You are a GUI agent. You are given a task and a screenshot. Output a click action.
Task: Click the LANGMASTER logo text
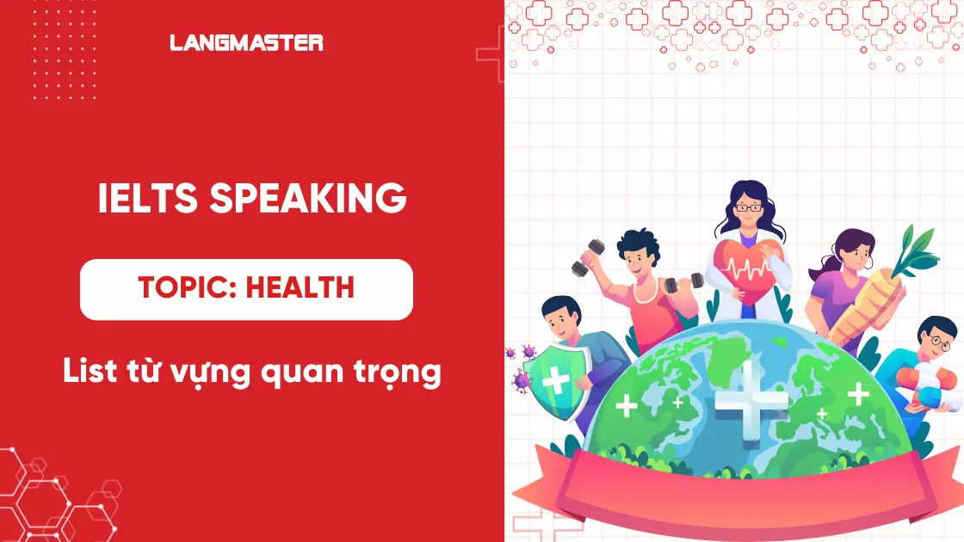pyautogui.click(x=246, y=42)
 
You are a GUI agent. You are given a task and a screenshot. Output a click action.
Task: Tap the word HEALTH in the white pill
pyautogui.click(x=300, y=288)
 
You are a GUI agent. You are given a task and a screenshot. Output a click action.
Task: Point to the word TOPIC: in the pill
pyautogui.click(x=188, y=288)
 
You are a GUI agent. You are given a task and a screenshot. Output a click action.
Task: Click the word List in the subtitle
pyautogui.click(x=89, y=372)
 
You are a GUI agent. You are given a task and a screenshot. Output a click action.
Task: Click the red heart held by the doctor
pyautogui.click(x=746, y=262)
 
